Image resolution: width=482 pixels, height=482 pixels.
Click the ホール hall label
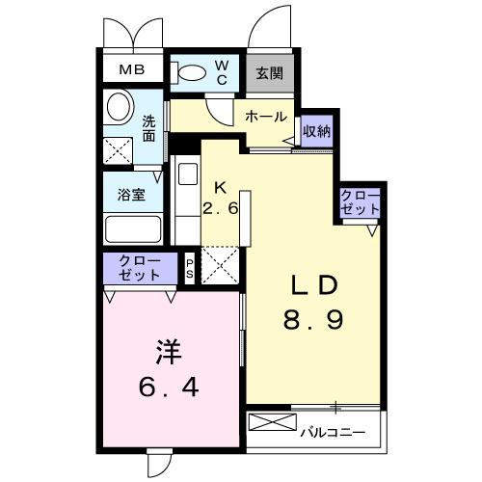coord(265,117)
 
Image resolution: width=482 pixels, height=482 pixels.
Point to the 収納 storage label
coord(316,130)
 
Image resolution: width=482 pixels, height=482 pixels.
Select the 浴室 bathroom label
coord(131,194)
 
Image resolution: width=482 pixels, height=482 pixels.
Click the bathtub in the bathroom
coord(133,230)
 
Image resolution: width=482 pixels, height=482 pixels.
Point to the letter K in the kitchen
coord(220,186)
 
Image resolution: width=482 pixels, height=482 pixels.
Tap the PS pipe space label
coord(190,266)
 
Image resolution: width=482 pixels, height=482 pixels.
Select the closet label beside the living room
coord(361,201)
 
